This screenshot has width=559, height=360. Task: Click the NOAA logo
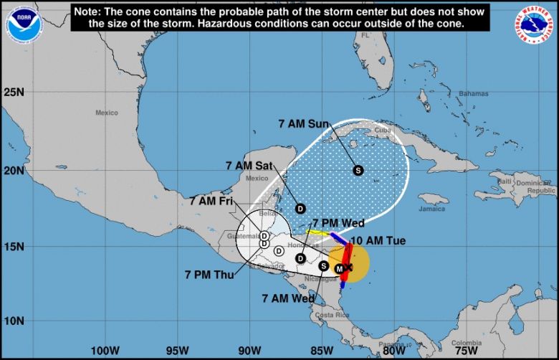[21, 22]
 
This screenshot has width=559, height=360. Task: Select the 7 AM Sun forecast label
[303, 123]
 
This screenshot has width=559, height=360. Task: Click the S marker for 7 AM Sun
[358, 170]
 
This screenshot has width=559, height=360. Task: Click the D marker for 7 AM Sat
[301, 208]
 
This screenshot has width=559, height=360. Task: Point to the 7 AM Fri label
[212, 202]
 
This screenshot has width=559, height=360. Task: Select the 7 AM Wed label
[288, 298]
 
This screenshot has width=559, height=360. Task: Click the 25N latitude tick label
[14, 93]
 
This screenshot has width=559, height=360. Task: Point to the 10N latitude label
[14, 321]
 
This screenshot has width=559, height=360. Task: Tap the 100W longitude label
[105, 351]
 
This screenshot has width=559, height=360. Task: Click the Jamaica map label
[432, 209]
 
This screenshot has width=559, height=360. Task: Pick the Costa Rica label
[332, 316]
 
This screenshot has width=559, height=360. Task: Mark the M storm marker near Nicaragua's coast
[340, 268]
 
